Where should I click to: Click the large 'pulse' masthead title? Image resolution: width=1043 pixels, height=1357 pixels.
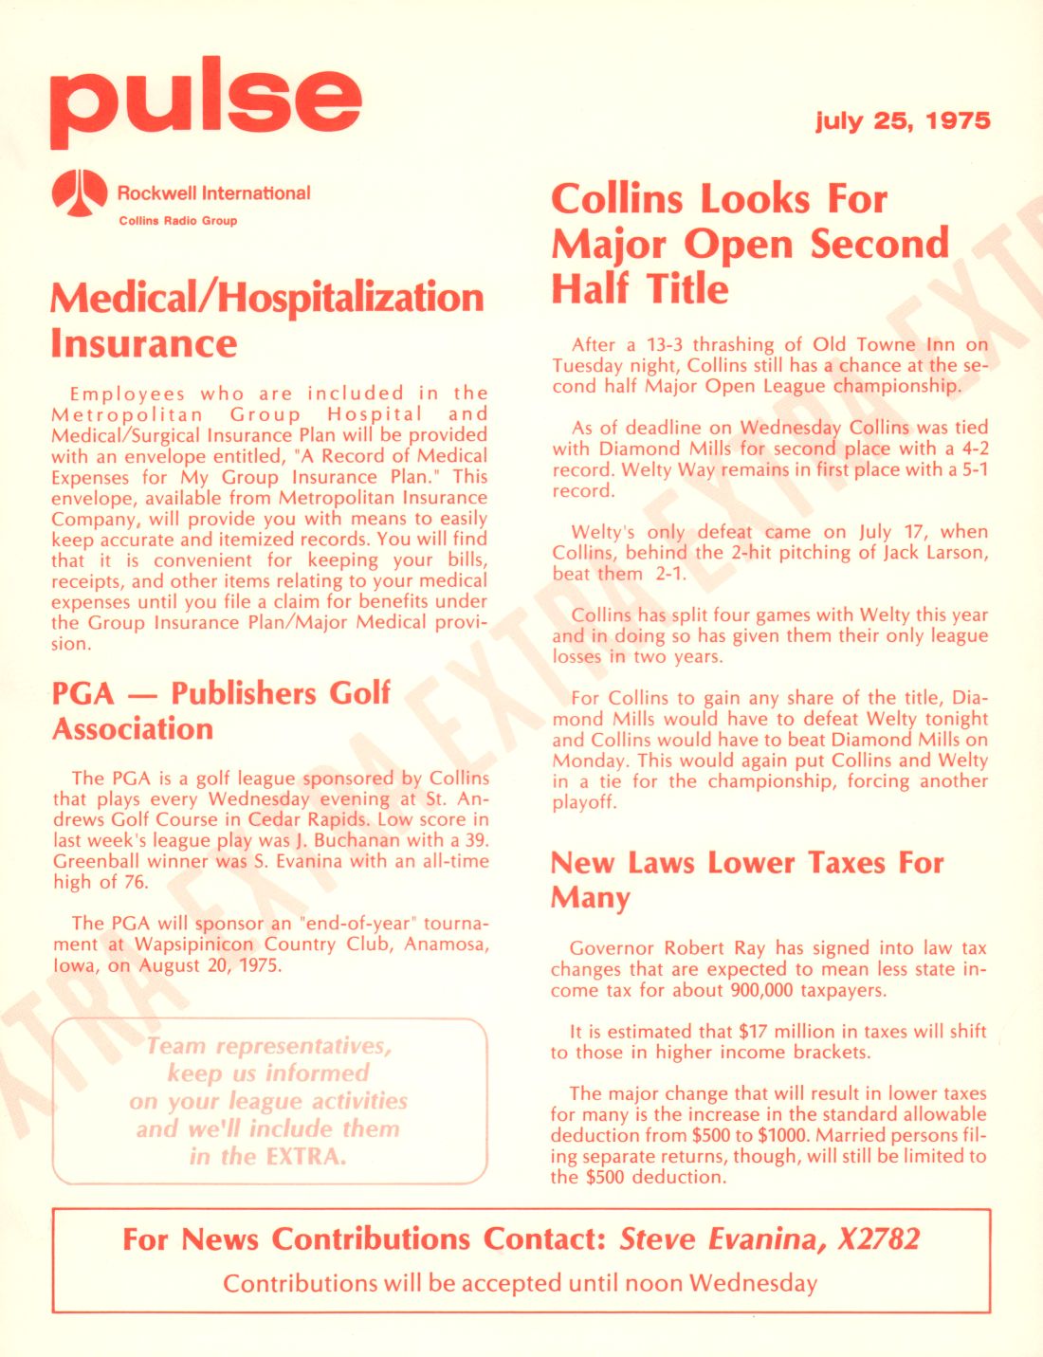tap(206, 101)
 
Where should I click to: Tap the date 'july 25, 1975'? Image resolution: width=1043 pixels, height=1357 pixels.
tap(903, 120)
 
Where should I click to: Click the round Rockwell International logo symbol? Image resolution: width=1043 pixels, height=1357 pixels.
tap(79, 193)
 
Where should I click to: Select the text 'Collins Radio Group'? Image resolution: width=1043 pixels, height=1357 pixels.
tap(177, 221)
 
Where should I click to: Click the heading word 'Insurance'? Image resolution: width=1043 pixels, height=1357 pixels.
tap(144, 343)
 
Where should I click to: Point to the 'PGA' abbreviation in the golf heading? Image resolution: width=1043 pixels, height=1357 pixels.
tap(82, 693)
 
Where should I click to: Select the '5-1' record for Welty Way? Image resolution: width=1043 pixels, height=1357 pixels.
tap(973, 469)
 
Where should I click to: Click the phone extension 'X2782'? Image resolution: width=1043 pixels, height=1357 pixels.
tap(878, 1239)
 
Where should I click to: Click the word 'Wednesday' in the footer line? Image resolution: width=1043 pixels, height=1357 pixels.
tap(753, 1283)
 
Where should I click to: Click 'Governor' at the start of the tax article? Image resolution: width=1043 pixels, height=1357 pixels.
tap(612, 948)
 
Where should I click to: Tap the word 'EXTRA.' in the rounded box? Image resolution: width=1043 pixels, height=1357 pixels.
tap(305, 1157)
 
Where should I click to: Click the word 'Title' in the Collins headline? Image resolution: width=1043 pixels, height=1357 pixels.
tap(687, 289)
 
